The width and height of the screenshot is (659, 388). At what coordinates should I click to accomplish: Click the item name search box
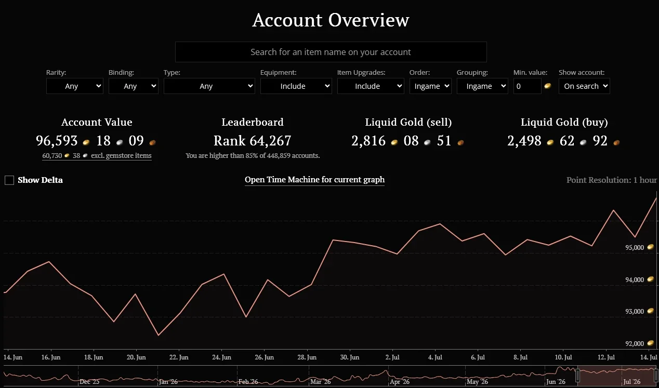[x=331, y=52]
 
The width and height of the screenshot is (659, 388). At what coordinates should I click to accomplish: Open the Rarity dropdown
[x=75, y=86]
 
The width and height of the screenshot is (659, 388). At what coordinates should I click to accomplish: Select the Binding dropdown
[x=133, y=86]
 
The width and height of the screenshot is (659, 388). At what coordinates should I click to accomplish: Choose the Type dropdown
[x=209, y=86]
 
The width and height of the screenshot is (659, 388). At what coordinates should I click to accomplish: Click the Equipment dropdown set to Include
[x=296, y=86]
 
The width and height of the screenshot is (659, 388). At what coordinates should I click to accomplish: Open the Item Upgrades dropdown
[x=371, y=86]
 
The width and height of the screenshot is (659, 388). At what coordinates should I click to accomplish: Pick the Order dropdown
[x=430, y=86]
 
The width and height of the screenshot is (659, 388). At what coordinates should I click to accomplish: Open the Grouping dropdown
[x=482, y=86]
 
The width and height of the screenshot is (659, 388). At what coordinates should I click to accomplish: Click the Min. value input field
[x=527, y=86]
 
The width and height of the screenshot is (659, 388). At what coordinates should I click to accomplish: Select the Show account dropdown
[x=584, y=86]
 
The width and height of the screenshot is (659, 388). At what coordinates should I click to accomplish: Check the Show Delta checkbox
[x=9, y=180]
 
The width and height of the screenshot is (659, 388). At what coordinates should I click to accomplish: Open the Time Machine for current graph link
[x=314, y=180]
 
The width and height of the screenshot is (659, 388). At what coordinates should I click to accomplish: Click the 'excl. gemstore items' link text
[x=121, y=155]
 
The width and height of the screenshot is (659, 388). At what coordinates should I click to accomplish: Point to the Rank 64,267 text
[x=253, y=141]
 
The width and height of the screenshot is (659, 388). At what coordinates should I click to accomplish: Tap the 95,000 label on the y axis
[x=635, y=247]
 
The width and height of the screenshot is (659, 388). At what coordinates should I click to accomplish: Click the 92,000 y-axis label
[x=635, y=343]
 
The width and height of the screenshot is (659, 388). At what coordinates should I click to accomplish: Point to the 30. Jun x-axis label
[x=350, y=357]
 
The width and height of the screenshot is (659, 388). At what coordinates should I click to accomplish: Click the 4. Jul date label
[x=435, y=357]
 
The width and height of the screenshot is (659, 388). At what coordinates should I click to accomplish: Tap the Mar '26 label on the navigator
[x=320, y=382]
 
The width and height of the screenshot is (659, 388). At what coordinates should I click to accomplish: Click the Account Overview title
[x=331, y=20]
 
